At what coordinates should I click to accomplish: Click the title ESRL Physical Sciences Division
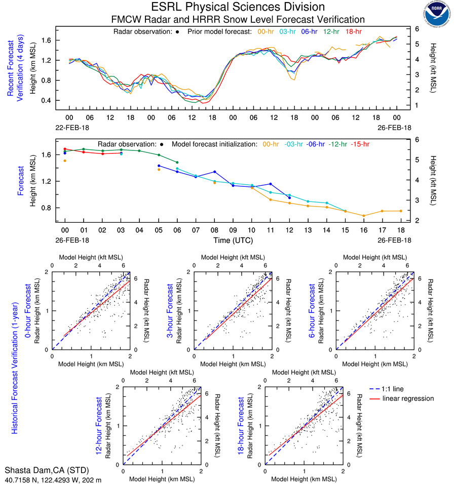click(x=238, y=7)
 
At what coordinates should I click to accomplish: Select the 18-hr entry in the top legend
click(x=354, y=31)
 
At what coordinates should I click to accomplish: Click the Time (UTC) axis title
click(x=233, y=240)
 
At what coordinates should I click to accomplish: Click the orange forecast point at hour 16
click(x=363, y=216)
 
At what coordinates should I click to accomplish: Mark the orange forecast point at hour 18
click(x=401, y=211)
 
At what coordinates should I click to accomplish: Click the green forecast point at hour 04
click(x=139, y=150)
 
